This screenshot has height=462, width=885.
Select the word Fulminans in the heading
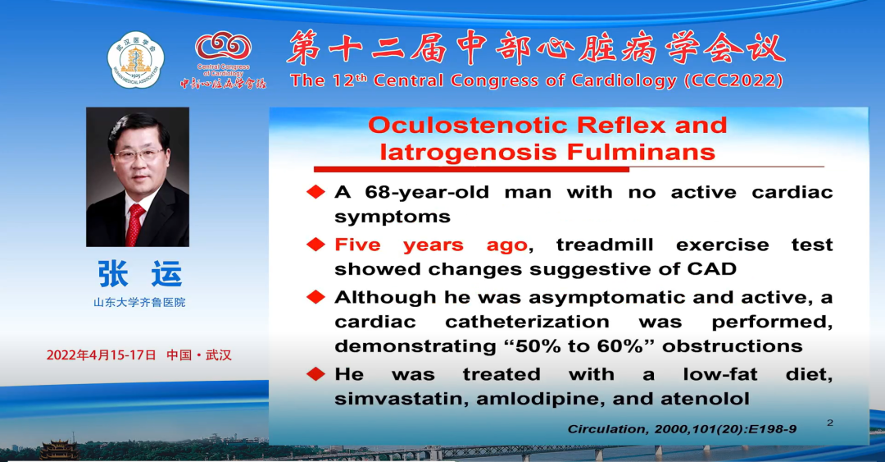pyautogui.click(x=641, y=152)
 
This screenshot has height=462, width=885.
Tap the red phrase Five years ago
pyautogui.click(x=431, y=245)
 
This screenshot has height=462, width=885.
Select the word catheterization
pyautogui.click(x=527, y=322)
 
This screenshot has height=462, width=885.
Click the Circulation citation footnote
pyautogui.click(x=682, y=429)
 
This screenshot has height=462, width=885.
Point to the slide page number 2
pyautogui.click(x=829, y=423)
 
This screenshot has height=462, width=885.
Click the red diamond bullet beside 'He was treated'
pyautogui.click(x=315, y=373)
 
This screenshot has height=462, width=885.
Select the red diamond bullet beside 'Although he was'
pyautogui.click(x=315, y=297)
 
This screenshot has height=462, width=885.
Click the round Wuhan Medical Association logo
pyautogui.click(x=135, y=59)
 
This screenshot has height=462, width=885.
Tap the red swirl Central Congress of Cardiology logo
pyautogui.click(x=223, y=47)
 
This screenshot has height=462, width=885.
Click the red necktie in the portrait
pyautogui.click(x=134, y=225)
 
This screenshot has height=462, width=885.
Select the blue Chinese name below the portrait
pyautogui.click(x=139, y=274)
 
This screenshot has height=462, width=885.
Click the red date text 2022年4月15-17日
pyautogui.click(x=101, y=355)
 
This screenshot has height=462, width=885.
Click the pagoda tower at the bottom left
pyautogui.click(x=59, y=450)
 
